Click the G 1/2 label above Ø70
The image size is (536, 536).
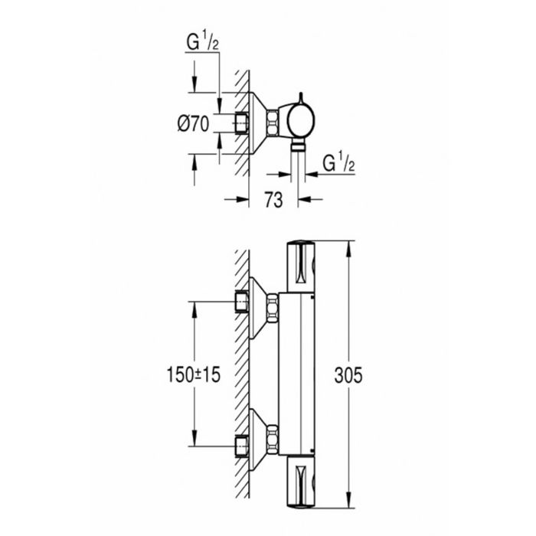click(x=202, y=44)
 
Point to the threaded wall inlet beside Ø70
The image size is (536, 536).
click(x=242, y=123)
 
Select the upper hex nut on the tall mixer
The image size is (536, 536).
click(x=273, y=309)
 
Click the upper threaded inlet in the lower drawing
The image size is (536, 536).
click(x=242, y=302)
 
